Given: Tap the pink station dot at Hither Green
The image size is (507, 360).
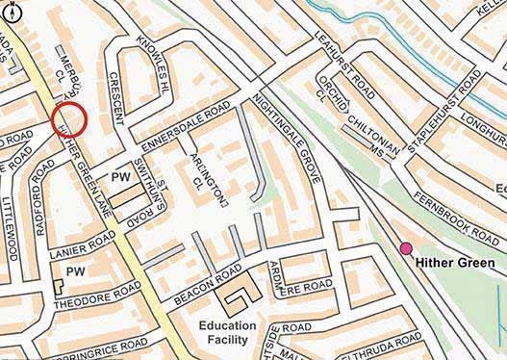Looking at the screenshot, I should coord(405,248).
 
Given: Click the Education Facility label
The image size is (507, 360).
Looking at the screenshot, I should coord(228,333).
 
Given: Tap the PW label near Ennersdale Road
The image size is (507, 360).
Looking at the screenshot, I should coord(121,178).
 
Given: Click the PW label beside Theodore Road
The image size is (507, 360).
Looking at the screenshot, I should coord(75,272).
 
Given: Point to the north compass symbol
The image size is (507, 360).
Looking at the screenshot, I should coord(11,11).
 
